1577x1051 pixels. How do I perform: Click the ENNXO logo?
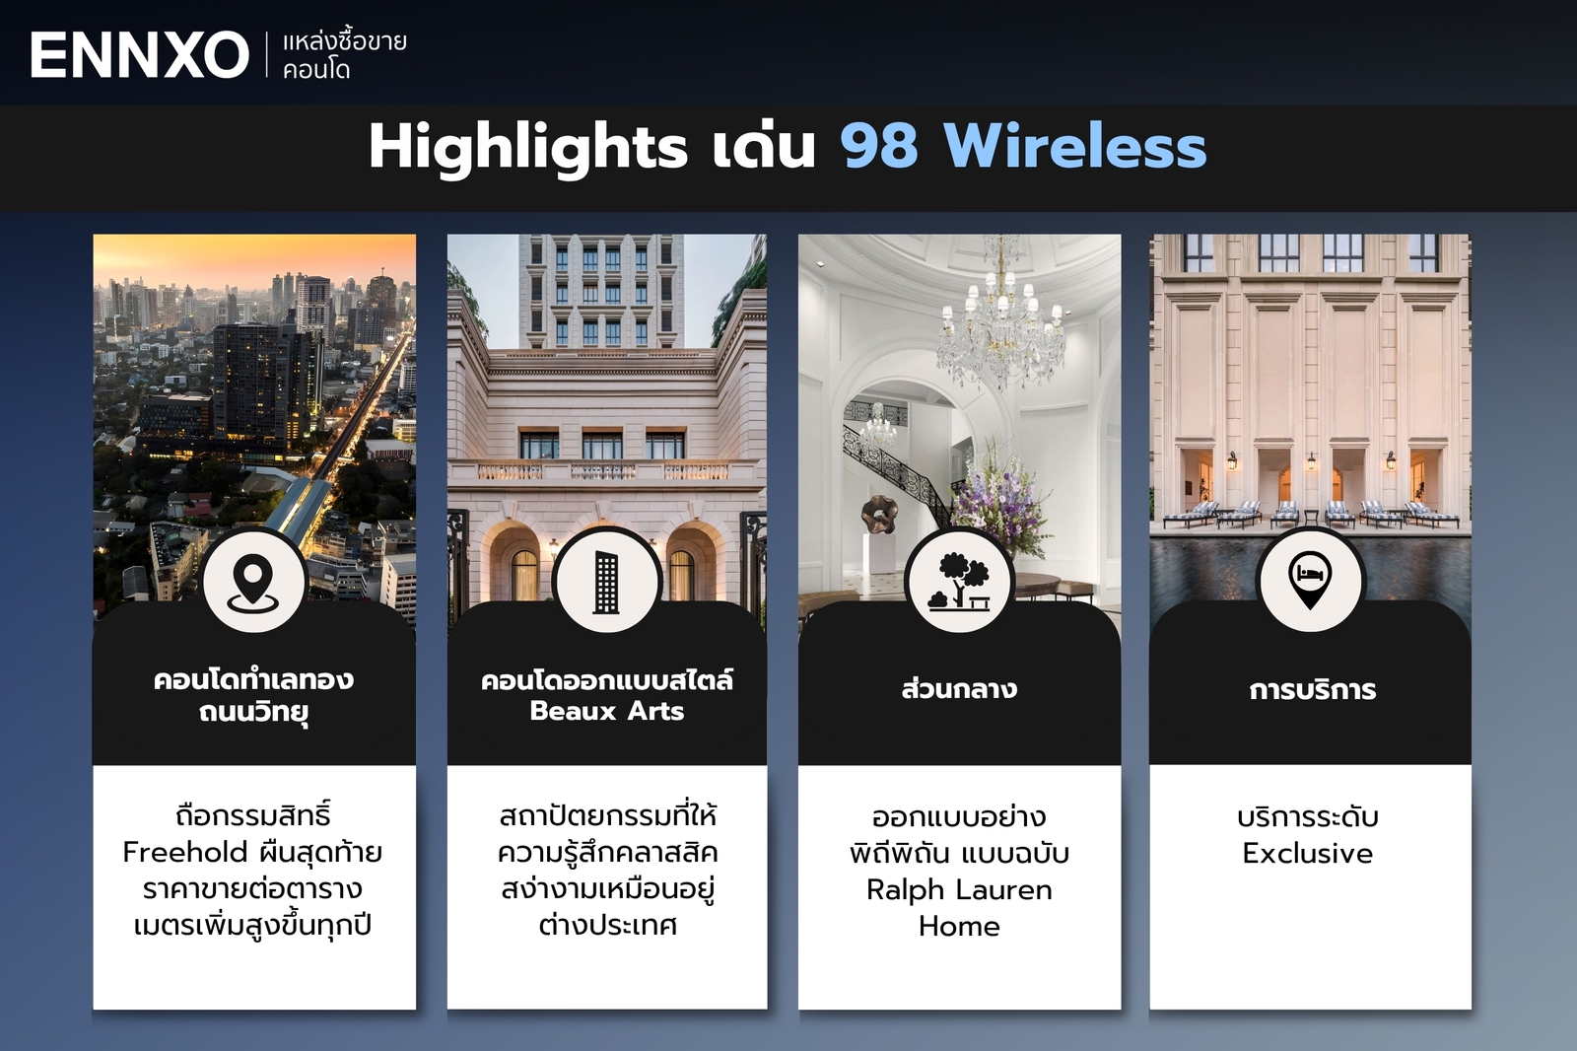tap(139, 55)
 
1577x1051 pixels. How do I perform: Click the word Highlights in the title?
tap(527, 148)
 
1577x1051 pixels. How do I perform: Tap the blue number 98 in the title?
tap(879, 147)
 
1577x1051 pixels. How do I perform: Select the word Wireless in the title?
tap(1074, 147)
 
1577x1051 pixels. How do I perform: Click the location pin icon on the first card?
tap(253, 582)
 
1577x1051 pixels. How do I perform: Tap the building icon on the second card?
tap(606, 582)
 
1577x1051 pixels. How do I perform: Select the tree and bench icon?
tap(959, 582)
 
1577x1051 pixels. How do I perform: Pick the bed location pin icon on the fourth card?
tap(1310, 580)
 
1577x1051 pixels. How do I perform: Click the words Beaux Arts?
tap(606, 711)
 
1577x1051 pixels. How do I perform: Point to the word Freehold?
tap(185, 852)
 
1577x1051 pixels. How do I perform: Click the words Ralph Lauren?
tap(959, 889)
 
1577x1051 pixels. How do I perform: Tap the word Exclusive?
tap(1307, 853)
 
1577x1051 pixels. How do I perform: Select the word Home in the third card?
tap(959, 926)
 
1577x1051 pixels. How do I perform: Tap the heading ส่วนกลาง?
tap(959, 688)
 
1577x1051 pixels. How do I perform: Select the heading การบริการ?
tap(1312, 689)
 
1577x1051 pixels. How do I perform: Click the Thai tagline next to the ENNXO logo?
tap(344, 55)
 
